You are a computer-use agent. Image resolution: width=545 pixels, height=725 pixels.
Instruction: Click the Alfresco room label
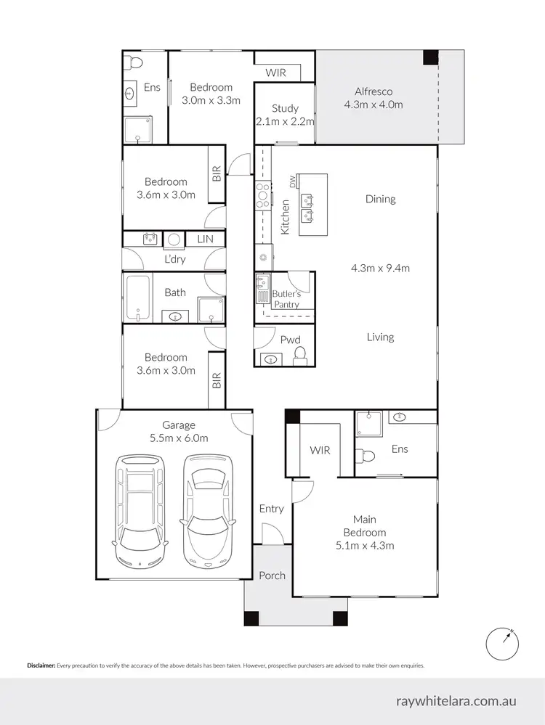click(x=374, y=91)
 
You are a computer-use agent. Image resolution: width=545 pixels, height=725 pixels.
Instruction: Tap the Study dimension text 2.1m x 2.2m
click(x=285, y=121)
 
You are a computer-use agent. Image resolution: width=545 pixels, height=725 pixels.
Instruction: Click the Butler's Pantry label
click(x=286, y=299)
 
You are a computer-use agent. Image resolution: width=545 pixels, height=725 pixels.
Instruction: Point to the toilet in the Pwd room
click(x=299, y=355)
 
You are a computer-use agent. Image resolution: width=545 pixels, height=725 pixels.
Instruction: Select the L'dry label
click(x=174, y=259)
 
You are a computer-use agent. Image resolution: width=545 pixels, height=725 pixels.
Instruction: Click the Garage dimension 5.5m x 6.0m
click(x=179, y=438)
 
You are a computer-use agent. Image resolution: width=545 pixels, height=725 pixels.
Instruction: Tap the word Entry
click(x=271, y=509)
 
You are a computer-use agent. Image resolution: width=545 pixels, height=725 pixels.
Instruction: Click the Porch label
click(x=272, y=576)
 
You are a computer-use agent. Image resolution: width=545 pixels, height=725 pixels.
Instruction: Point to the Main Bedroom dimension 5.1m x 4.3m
click(x=364, y=546)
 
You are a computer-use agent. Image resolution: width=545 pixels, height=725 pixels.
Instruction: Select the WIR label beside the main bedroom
click(x=320, y=450)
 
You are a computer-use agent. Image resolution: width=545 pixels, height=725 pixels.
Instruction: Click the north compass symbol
click(x=503, y=642)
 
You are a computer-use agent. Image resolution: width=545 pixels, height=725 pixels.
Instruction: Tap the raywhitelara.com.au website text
click(x=456, y=702)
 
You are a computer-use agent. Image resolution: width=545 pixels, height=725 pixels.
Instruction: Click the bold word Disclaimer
click(x=41, y=665)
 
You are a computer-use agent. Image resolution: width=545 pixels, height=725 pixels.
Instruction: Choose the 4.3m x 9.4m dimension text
click(x=380, y=268)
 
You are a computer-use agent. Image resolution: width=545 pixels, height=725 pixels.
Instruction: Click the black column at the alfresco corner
click(x=431, y=56)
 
